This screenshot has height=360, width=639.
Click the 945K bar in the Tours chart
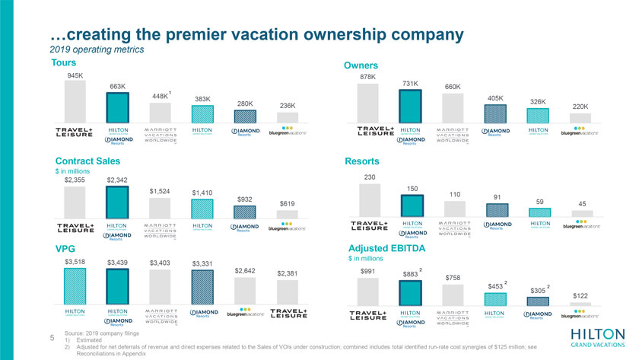(75, 100)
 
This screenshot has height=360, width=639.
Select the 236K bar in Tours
(287, 116)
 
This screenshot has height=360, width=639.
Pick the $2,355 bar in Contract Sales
(75, 202)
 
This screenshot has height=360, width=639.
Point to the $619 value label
(287, 203)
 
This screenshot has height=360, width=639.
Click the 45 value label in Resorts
(582, 204)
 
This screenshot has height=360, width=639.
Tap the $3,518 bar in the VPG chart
(75, 285)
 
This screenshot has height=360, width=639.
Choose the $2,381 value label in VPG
(287, 273)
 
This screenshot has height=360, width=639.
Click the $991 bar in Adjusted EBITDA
(369, 290)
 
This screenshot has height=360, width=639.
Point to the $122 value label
(580, 295)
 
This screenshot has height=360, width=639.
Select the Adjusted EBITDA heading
(386, 248)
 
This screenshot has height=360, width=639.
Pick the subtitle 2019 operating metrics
(96, 49)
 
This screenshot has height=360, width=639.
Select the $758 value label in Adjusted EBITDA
(453, 278)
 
